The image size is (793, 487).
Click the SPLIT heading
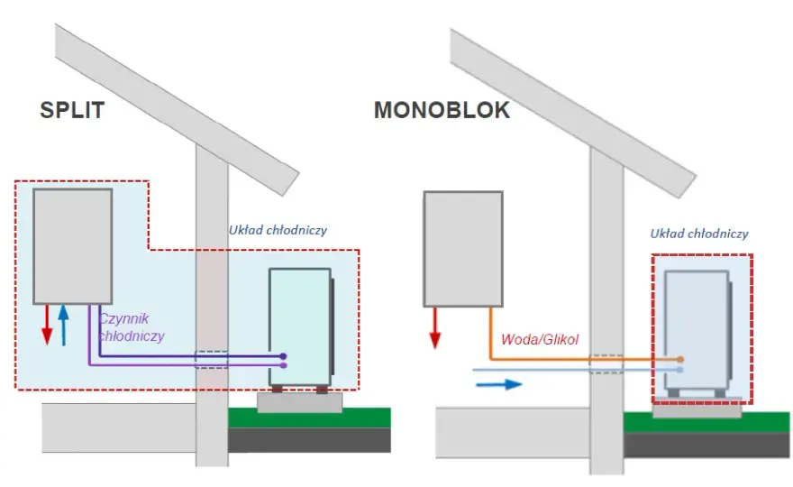coord(72,110)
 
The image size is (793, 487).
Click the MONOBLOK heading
coord(442,110)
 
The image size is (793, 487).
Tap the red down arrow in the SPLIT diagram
coord(47,325)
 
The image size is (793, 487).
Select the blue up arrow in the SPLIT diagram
coord(63,325)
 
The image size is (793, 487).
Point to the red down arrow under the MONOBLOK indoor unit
coord(435,328)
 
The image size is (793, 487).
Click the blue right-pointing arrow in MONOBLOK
coord(498,385)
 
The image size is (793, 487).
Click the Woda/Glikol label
coord(540,339)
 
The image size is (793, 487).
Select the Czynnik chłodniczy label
coord(132,327)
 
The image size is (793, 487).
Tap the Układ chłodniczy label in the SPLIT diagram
coord(278,230)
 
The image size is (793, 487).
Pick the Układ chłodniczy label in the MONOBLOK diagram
coord(699,234)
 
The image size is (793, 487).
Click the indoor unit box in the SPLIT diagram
coord(73,246)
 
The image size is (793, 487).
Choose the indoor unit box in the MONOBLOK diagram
coord(463,249)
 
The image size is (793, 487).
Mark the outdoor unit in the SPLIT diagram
coord(301,327)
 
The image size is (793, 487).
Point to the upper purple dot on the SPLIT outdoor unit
coord(283,356)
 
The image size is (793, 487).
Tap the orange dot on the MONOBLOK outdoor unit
coord(680,360)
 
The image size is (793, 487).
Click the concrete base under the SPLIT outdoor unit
coord(300,402)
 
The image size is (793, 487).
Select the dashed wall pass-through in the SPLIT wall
coord(212,360)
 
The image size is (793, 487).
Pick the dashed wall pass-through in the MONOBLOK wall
coord(606,364)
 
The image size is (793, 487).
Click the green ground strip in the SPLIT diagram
coord(309,418)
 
